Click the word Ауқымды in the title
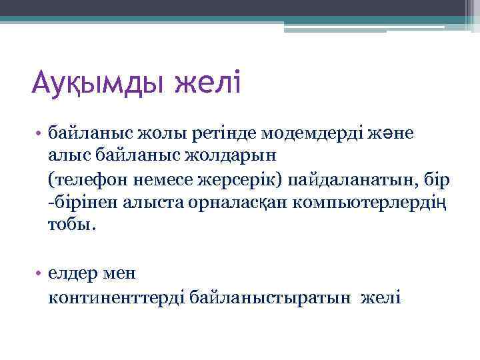(99, 86)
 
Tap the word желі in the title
(210, 85)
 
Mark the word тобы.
(72, 225)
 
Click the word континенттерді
(117, 297)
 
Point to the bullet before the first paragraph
(40, 134)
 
